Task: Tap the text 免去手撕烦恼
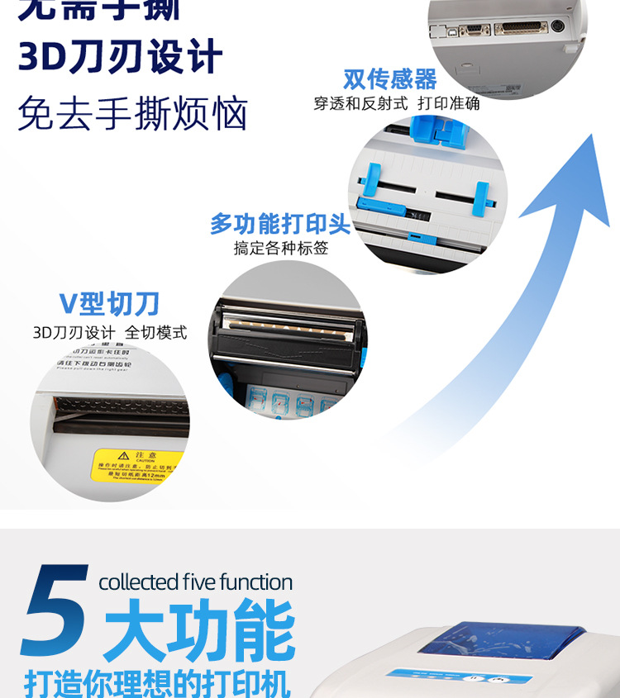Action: click(x=132, y=113)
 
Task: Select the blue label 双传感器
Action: click(x=389, y=79)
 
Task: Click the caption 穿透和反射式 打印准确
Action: click(x=396, y=104)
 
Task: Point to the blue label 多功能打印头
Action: click(x=280, y=224)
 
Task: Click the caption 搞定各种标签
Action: click(x=280, y=248)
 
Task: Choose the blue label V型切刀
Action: click(x=109, y=304)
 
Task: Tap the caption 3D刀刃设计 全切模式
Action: click(x=109, y=332)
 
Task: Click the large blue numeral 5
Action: click(x=55, y=611)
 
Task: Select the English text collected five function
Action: click(x=195, y=582)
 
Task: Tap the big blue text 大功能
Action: click(x=199, y=632)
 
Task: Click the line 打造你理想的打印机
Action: click(x=157, y=682)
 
